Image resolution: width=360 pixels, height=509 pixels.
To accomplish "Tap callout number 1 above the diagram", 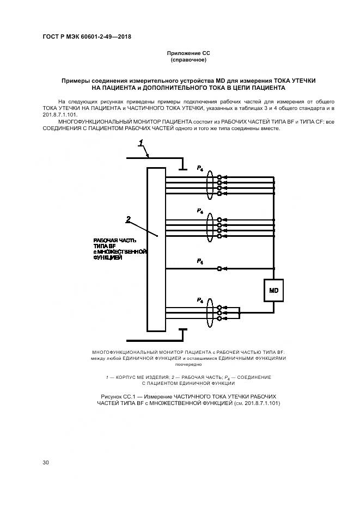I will point(141,144).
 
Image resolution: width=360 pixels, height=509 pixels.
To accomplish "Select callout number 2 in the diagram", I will point(129,219).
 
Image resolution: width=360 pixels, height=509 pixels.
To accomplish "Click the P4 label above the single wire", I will point(200,261).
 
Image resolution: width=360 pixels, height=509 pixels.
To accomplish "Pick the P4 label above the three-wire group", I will point(200,300).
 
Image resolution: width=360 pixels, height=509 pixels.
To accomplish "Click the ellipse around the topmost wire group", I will point(210,185).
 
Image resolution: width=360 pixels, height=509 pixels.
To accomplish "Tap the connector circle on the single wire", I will point(219,268).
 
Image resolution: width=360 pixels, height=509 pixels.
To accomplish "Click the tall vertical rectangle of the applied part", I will point(156,249).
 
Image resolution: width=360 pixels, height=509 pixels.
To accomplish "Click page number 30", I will point(46,463).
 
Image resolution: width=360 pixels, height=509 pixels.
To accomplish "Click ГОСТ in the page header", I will point(50,37).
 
